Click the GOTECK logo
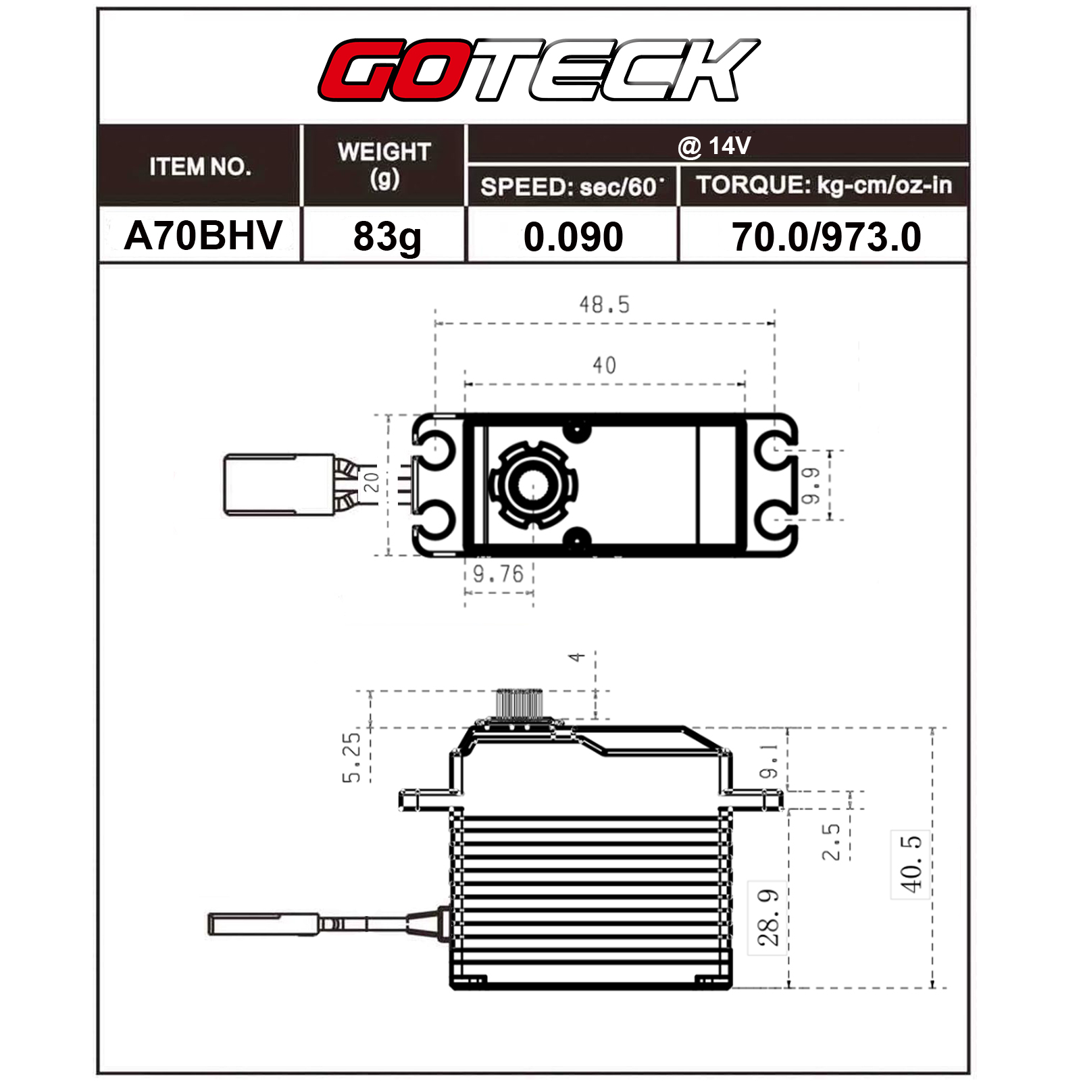click(x=539, y=70)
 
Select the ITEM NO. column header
click(x=200, y=166)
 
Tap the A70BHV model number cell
click(x=203, y=235)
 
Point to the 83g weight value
click(x=387, y=236)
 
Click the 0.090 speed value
click(x=573, y=237)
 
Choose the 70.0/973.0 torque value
click(x=826, y=237)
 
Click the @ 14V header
click(x=714, y=146)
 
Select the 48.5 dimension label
click(x=604, y=305)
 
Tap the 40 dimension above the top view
click(x=604, y=366)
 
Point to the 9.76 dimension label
click(x=498, y=574)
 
